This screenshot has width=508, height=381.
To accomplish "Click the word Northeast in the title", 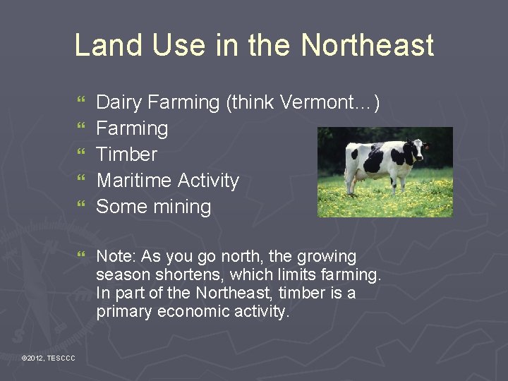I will [x=367, y=46].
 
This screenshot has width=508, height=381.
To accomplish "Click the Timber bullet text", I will [x=126, y=155].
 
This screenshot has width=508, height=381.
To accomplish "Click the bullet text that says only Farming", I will [x=132, y=129].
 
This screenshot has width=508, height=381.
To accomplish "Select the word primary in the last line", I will [x=123, y=312].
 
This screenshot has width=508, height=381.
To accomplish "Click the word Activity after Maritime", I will [x=208, y=181].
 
